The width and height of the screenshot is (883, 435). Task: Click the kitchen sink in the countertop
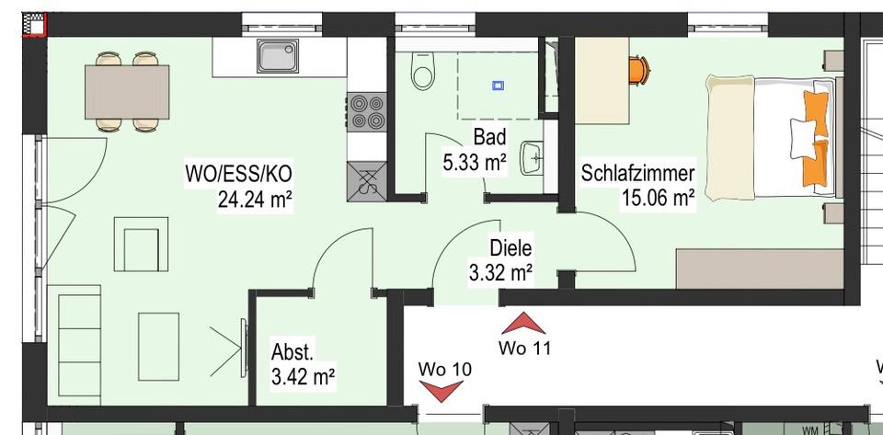[279, 57]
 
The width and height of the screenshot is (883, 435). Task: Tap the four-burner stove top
[366, 112]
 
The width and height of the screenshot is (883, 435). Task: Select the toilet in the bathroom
[423, 73]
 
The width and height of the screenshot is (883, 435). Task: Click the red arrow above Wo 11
[524, 323]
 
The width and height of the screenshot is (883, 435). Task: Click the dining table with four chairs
[127, 89]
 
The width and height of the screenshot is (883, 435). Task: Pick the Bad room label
[489, 138]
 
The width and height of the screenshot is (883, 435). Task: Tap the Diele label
[510, 248]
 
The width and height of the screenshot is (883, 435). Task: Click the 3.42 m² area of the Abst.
[303, 375]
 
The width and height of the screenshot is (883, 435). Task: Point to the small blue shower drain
[499, 86]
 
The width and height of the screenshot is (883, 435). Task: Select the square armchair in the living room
[145, 244]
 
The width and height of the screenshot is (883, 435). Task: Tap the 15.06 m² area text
[658, 197]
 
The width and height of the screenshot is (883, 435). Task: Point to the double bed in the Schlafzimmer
[771, 137]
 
